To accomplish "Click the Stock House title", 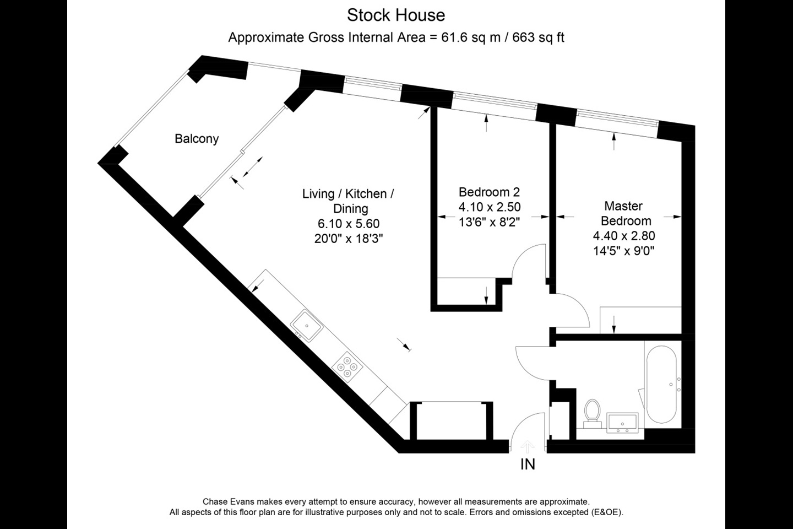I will [x=395, y=15].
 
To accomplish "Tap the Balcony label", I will [x=197, y=139].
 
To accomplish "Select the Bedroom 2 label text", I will [x=489, y=192].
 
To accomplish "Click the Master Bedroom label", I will [x=625, y=213].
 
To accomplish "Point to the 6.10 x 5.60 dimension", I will [x=348, y=224].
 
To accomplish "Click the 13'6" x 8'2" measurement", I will [x=489, y=222].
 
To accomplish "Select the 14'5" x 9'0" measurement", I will [x=623, y=251].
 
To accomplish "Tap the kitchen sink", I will [x=306, y=326].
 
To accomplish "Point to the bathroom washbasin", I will [x=622, y=423].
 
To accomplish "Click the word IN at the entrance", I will [x=528, y=465].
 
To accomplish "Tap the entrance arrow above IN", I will [x=528, y=445].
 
